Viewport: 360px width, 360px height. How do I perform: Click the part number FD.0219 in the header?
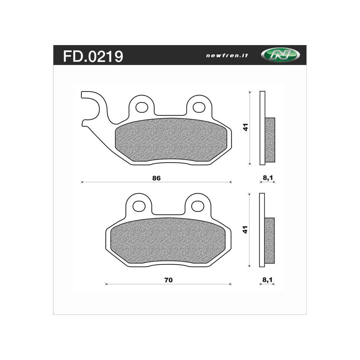pos(93,56)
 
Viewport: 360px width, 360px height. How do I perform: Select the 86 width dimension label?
pos(156,178)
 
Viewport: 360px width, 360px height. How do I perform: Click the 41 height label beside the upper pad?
pos(246,127)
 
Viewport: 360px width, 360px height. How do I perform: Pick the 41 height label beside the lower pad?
pos(246,230)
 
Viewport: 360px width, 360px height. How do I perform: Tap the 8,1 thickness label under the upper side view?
pos(267,178)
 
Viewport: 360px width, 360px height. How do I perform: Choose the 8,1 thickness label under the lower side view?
pos(267,280)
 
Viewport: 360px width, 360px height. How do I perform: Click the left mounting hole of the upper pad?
pos(142,107)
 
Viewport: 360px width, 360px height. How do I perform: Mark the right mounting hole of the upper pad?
pos(199,107)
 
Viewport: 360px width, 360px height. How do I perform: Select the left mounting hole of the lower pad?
pos(139,206)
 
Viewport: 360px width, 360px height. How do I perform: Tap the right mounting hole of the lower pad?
pos(197,206)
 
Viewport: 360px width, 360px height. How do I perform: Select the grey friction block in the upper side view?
pos(270,140)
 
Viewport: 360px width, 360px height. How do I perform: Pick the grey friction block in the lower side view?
pos(269,240)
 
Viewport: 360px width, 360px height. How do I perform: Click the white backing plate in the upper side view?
pos(262,104)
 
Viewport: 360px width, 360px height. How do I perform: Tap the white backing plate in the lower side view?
pos(262,205)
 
